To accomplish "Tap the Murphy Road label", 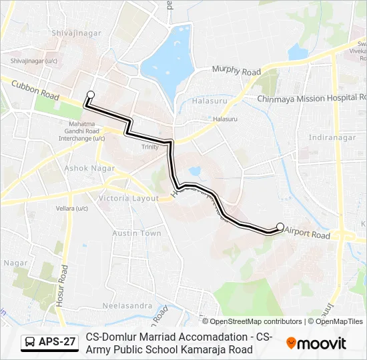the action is (236, 71).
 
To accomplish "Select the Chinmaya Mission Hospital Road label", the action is (312, 98).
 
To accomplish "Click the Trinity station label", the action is (149, 147).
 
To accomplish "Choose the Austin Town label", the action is (137, 233).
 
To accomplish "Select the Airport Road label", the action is (308, 235).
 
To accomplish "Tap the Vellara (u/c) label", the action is (73, 209).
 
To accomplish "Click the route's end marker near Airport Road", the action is (280, 226).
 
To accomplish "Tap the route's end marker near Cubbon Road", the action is (91, 95).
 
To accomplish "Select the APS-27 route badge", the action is (49, 343).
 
